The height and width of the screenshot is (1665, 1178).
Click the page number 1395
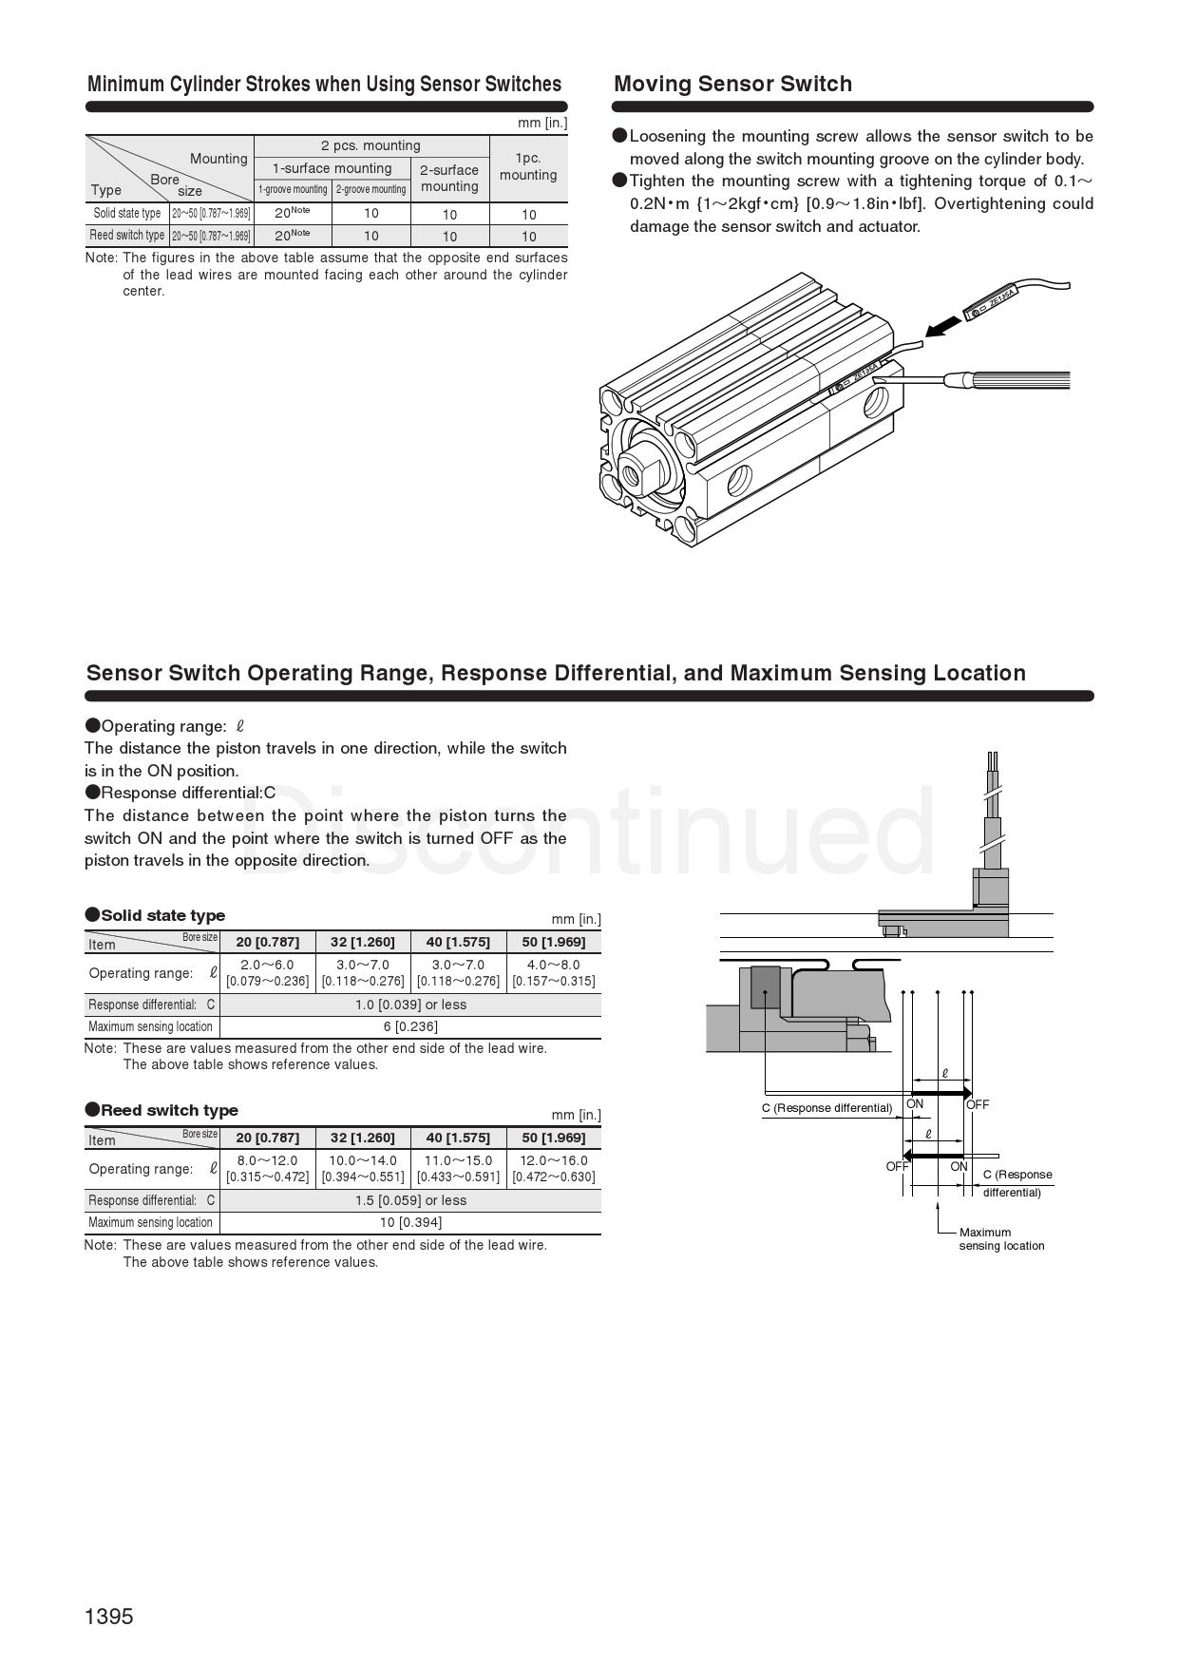109,1617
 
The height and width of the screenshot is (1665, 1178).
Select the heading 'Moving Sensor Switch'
732,84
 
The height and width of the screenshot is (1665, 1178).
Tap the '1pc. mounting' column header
528,166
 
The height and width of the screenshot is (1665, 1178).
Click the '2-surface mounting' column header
449,178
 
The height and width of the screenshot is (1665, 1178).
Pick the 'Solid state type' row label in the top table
127,213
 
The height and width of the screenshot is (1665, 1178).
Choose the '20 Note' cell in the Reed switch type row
292,236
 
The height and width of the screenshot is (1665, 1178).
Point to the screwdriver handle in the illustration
1016,380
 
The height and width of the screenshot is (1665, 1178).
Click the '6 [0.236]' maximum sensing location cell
410,1026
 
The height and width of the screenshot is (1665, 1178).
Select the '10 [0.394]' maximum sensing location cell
410,1222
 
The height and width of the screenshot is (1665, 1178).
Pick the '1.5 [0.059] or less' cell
410,1200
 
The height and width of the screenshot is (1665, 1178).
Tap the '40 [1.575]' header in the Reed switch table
458,1138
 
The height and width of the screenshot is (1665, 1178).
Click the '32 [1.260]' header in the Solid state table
362,942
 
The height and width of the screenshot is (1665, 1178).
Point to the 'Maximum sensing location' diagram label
1000,1238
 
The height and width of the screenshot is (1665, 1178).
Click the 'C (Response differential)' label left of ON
826,1108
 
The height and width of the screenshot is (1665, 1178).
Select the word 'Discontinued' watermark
589,832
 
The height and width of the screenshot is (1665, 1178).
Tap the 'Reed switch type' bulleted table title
169,1110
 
